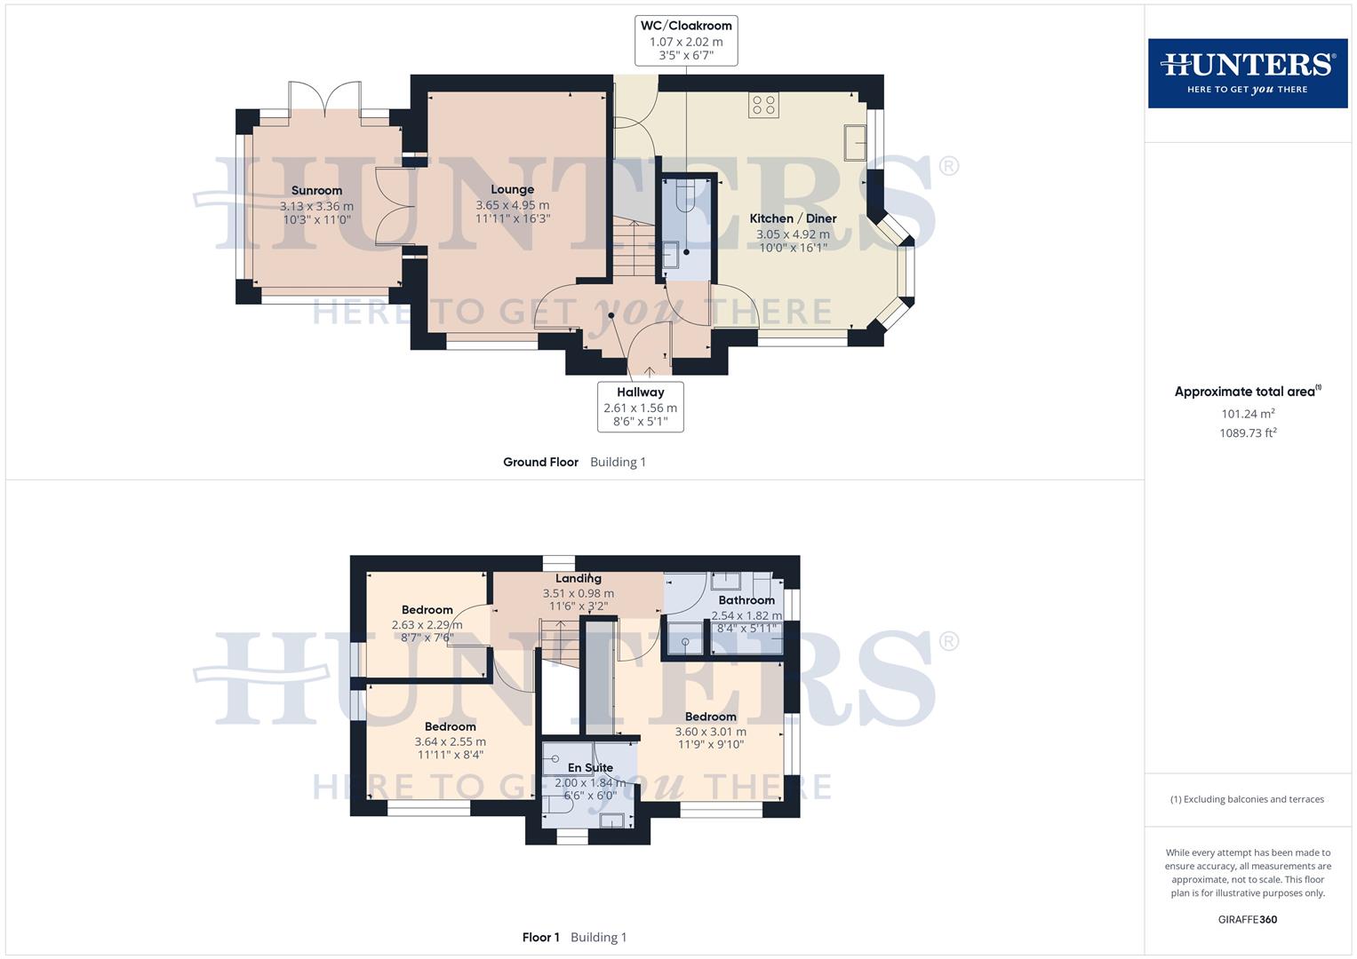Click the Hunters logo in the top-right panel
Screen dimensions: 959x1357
tap(1247, 73)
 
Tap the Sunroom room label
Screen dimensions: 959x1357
tap(316, 191)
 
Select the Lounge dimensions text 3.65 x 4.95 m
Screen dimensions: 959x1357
tap(512, 205)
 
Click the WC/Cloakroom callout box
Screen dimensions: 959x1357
tap(686, 41)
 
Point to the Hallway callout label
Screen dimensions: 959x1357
tap(640, 392)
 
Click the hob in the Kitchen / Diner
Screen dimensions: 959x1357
tap(763, 105)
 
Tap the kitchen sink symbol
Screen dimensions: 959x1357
tap(855, 142)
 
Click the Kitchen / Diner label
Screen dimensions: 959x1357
tap(793, 218)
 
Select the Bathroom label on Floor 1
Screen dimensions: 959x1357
tap(746, 600)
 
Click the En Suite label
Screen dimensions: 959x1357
tap(590, 768)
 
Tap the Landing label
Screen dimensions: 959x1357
tap(579, 579)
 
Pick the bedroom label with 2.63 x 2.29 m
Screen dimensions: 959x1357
tap(427, 610)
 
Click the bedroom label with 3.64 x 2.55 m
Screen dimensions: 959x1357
tap(450, 726)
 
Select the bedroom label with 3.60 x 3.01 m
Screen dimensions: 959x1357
tap(710, 717)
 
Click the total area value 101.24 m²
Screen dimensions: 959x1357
tap(1248, 414)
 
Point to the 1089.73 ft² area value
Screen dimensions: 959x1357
tap(1248, 433)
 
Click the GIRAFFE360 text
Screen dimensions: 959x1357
tap(1247, 920)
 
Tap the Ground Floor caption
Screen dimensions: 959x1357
tap(540, 462)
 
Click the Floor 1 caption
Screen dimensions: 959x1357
tap(540, 938)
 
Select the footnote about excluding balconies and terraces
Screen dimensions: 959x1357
tap(1247, 799)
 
